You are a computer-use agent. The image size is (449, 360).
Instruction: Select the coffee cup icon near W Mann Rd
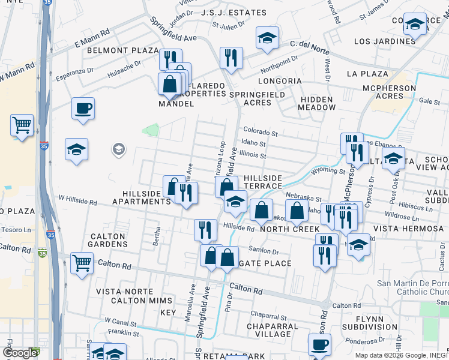(x=83, y=109)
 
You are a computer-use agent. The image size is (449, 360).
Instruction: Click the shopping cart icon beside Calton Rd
(x=82, y=262)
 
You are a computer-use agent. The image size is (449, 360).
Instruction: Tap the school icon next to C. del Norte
(x=267, y=38)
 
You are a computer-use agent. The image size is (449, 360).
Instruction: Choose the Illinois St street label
(x=253, y=155)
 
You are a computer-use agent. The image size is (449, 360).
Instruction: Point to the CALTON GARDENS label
(x=108, y=240)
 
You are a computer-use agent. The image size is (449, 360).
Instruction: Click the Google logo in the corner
(x=20, y=353)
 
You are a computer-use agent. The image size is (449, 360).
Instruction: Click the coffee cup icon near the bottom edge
(x=319, y=345)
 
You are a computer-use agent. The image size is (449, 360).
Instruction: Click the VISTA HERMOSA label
(x=407, y=229)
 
